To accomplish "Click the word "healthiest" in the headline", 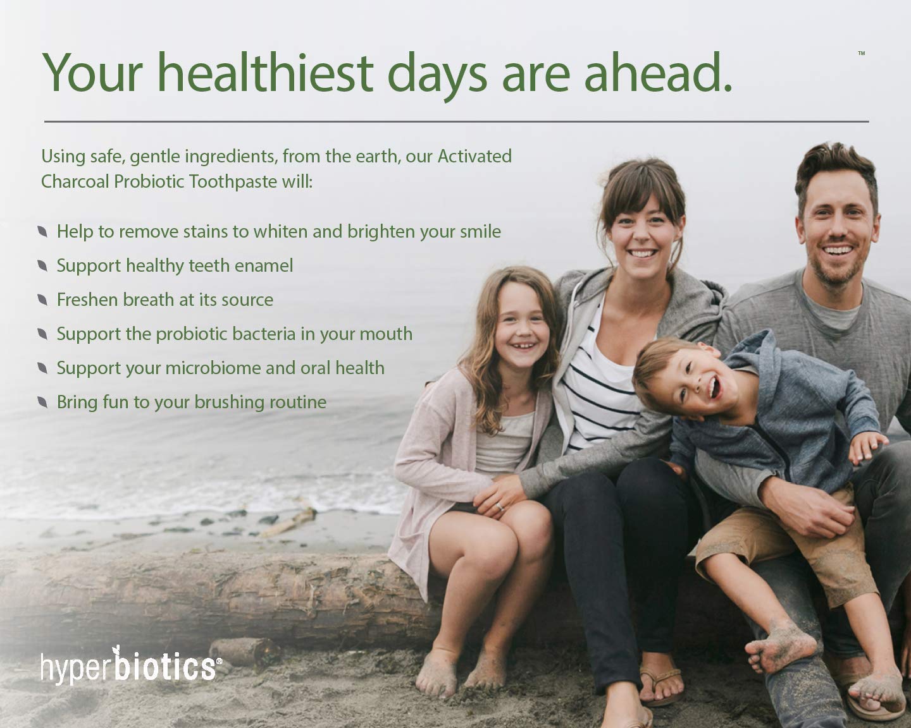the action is click(x=266, y=72).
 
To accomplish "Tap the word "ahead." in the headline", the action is click(x=658, y=72).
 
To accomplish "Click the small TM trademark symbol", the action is click(x=862, y=53).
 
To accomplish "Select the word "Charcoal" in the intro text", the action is click(x=75, y=182).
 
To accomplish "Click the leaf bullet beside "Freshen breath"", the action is click(x=42, y=300).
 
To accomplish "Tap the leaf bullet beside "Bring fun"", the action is click(x=42, y=402).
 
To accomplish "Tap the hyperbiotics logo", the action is click(x=130, y=665).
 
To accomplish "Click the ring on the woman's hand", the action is click(x=500, y=506).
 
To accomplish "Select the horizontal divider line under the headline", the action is click(x=456, y=121).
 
